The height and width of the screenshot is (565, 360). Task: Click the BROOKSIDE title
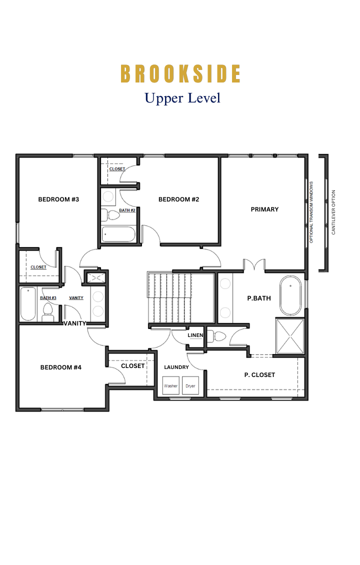coord(180,74)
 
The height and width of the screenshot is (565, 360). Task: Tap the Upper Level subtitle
coord(182,98)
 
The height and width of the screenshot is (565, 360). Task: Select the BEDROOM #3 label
coord(58,199)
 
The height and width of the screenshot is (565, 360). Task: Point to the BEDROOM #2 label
coord(178,199)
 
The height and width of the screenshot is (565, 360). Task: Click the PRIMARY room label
coord(264,209)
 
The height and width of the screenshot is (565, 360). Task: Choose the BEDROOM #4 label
coord(61,367)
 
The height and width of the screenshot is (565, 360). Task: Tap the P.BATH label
coord(258,298)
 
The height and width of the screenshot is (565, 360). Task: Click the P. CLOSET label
coord(259,375)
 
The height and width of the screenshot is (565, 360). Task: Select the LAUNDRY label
coord(176,367)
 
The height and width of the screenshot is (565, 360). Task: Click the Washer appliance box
coord(171,386)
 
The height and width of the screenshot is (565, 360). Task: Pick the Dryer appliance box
coord(190,386)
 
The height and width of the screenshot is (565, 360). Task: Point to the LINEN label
coord(195,335)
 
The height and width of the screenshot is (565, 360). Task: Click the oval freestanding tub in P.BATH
coord(290,296)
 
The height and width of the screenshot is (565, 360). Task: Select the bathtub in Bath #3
coord(27,304)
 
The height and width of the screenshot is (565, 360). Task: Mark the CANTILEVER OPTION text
coord(333,212)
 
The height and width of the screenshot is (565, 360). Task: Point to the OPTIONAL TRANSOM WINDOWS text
coord(311,212)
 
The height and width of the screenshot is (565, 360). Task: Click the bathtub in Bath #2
coord(118,234)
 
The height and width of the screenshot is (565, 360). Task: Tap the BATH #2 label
coord(127,210)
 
